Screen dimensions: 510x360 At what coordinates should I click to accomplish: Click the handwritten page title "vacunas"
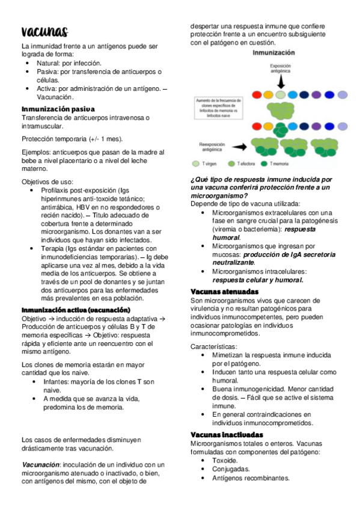point(44,32)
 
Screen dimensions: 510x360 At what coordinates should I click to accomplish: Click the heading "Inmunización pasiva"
point(58,109)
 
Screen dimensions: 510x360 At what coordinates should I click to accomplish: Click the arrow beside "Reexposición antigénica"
point(240,146)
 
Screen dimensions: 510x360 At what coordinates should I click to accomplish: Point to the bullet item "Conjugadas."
point(231,469)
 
